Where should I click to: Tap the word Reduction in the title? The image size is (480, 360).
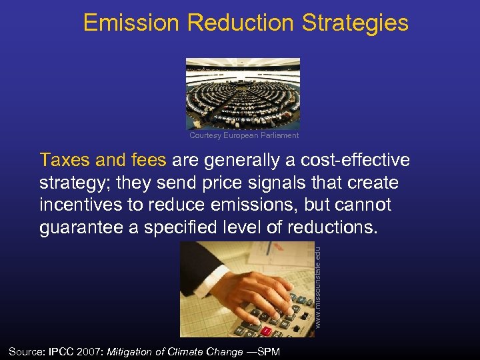241,23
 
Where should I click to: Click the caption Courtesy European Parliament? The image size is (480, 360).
244,135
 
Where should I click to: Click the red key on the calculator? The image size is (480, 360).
266,330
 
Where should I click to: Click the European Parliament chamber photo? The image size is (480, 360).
243,93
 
